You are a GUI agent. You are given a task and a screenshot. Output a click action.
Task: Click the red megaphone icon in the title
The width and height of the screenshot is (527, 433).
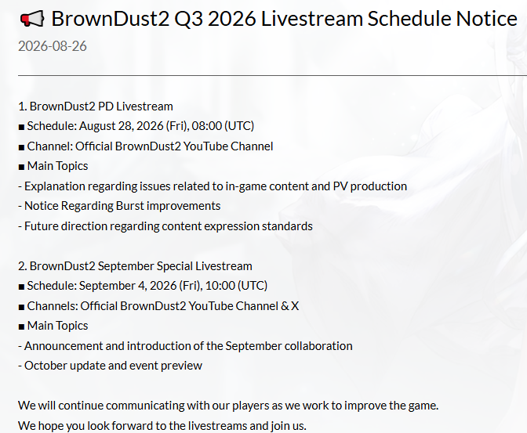(32, 19)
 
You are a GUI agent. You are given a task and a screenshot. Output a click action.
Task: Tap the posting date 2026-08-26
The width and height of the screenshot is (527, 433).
(53, 46)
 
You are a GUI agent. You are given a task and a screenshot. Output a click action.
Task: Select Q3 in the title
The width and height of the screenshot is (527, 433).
(188, 19)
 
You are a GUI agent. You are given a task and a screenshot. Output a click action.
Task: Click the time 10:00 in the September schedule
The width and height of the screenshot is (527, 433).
(220, 286)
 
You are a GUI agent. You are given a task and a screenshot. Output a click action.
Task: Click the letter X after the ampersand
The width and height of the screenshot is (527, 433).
(295, 306)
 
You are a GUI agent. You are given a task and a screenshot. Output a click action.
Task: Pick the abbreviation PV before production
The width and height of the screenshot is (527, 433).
(340, 186)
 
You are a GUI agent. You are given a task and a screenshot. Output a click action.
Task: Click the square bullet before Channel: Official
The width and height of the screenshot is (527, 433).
(21, 147)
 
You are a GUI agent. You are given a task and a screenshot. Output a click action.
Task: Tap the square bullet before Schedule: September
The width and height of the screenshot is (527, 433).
(21, 287)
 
